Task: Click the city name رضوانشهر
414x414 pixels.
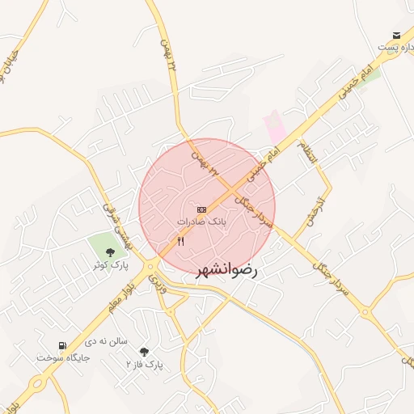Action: (226, 271)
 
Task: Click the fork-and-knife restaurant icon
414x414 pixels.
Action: (180, 241)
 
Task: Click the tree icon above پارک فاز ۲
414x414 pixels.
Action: (144, 352)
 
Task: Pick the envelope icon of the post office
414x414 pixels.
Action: (396, 36)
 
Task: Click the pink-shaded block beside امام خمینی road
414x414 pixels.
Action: (274, 126)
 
